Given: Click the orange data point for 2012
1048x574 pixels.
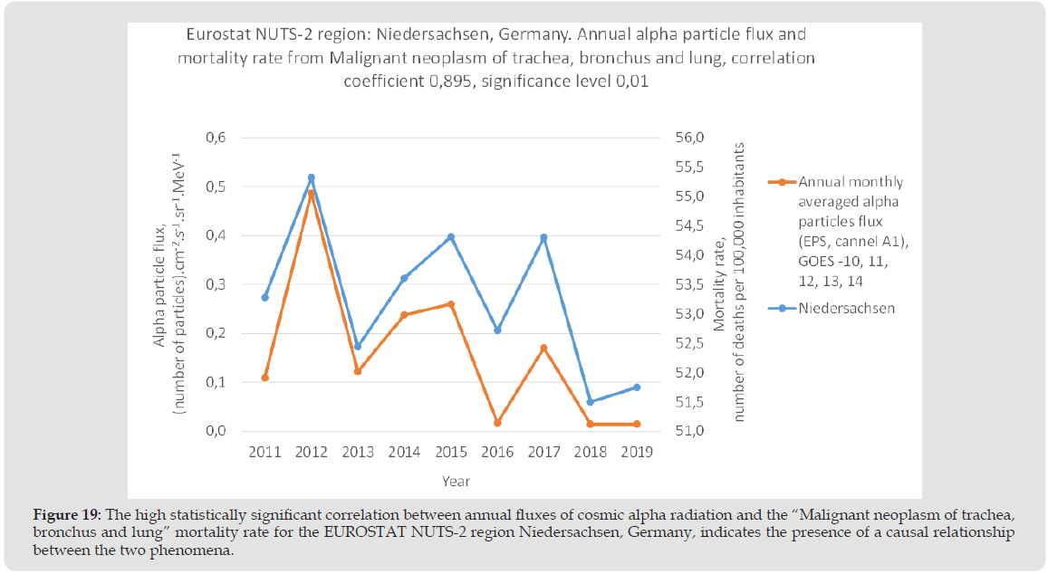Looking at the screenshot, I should tap(312, 194).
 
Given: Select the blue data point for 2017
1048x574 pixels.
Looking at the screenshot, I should tap(543, 237).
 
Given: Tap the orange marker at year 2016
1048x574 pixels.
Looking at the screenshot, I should tap(497, 423).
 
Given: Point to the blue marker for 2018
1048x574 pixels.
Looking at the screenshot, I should tap(590, 402).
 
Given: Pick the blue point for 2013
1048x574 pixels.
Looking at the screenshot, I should tap(358, 346).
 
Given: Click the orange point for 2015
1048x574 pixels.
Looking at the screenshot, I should tap(451, 304).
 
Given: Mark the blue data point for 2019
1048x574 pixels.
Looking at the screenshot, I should tap(637, 387).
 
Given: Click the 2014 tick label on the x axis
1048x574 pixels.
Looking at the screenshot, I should tap(404, 452).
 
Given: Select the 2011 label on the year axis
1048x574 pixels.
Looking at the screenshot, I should tap(264, 452).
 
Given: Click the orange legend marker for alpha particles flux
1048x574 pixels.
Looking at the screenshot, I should tap(781, 182).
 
